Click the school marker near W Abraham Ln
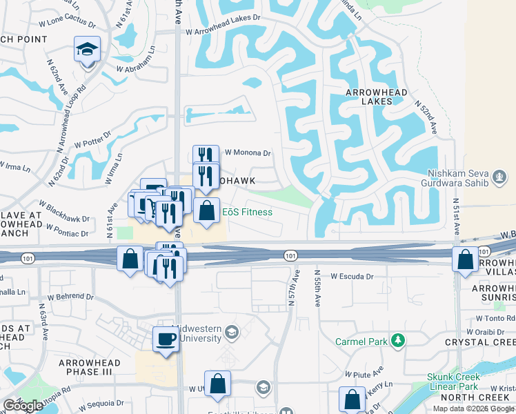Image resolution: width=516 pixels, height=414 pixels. click(87, 50)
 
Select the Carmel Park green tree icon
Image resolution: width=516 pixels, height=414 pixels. click(397, 341)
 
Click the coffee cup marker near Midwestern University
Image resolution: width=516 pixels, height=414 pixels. click(166, 339)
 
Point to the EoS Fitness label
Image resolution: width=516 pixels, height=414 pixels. click(246, 212)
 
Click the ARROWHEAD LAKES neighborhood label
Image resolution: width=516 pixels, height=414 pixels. click(377, 97)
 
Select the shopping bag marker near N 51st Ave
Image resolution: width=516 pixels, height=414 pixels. click(466, 260)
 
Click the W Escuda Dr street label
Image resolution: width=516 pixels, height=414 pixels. click(351, 276)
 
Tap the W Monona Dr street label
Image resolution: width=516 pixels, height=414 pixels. click(248, 153)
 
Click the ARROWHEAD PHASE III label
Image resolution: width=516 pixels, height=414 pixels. click(89, 367)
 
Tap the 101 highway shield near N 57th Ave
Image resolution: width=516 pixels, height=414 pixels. click(290, 255)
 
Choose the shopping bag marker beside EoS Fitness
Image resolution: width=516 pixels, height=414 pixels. click(206, 211)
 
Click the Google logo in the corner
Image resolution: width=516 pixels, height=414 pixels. click(23, 406)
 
